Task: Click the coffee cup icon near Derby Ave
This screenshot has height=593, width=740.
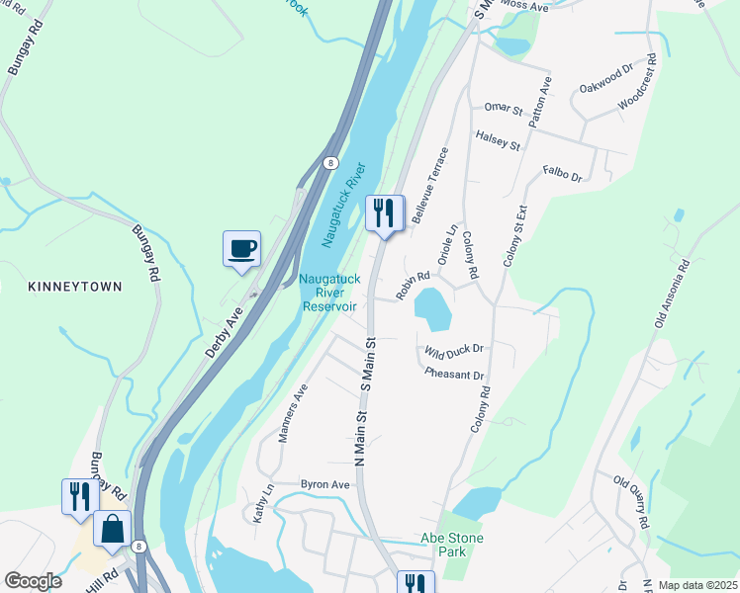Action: click(x=241, y=248)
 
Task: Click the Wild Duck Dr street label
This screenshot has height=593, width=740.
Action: click(x=453, y=349)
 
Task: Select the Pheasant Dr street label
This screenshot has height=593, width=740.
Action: click(x=454, y=375)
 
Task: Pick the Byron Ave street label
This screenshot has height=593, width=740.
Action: click(x=325, y=485)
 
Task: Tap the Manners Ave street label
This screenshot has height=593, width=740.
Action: click(x=294, y=413)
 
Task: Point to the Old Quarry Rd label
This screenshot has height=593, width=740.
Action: click(x=630, y=502)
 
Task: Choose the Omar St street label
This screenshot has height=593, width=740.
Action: click(x=504, y=107)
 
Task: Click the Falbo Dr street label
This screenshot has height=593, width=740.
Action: click(x=563, y=176)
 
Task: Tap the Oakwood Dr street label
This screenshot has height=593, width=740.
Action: click(x=605, y=79)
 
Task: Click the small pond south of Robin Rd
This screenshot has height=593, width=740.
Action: click(x=433, y=309)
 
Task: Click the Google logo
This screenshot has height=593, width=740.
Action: click(x=33, y=581)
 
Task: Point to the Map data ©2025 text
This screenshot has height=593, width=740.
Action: click(x=696, y=585)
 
